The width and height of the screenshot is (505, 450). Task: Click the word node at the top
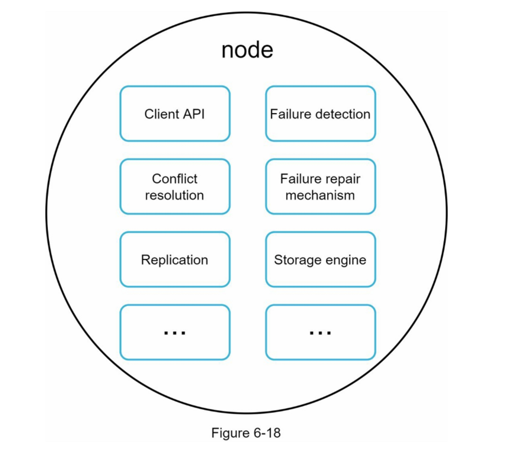click(247, 50)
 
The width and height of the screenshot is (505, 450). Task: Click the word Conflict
click(174, 179)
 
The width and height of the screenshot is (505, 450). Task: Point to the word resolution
click(174, 195)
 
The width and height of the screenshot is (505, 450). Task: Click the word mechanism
click(320, 195)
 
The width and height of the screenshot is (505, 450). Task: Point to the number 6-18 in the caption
click(267, 433)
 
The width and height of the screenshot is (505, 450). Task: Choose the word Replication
click(174, 260)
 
